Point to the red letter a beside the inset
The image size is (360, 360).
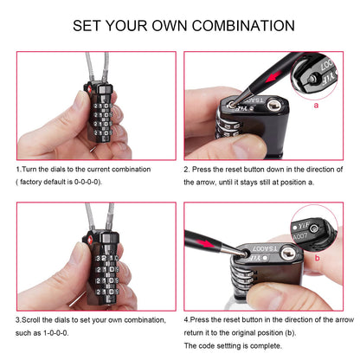[x=318, y=106]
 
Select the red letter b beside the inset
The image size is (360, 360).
[x=318, y=257]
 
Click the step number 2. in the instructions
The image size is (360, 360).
[x=187, y=170]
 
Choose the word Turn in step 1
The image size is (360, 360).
[x=32, y=170]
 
